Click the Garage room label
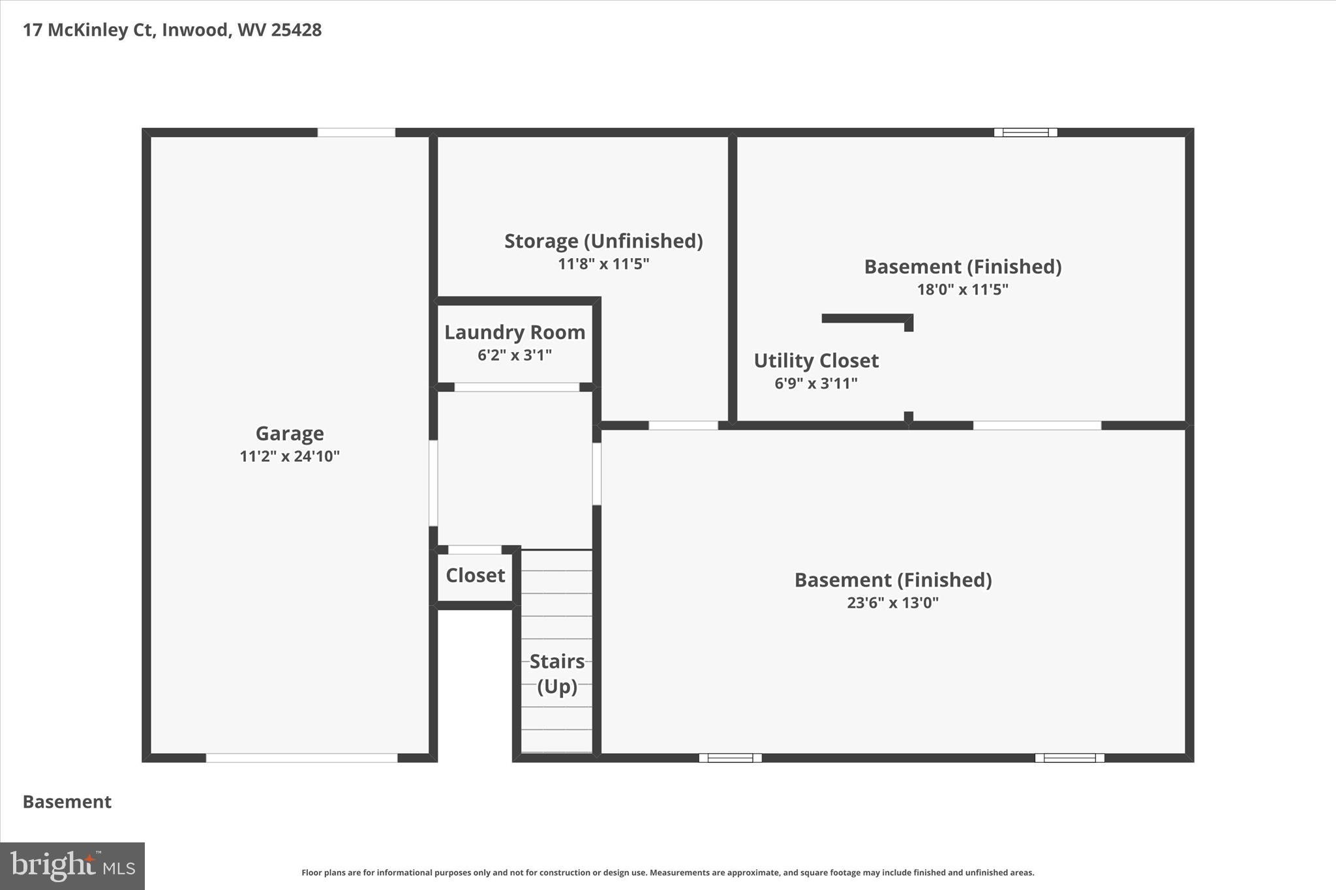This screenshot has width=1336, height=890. pos(290,434)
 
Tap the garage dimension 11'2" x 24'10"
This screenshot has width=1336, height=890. pos(290,456)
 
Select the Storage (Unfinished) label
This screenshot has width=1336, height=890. pos(603,241)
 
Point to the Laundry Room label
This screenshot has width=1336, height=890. pos(515,333)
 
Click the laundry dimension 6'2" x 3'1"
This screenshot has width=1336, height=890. pos(515,355)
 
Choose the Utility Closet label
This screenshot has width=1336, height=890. pos(816,361)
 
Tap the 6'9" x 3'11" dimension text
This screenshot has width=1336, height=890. pos(816,383)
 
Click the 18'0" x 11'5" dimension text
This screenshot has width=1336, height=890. pos(963,289)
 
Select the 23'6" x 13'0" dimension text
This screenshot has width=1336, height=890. pos(892,602)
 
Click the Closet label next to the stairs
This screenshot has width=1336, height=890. pos(475,576)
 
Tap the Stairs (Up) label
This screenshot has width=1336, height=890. pos(557,674)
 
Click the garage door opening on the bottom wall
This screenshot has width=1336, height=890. pos(301,758)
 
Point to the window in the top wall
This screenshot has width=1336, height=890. pos(1025,132)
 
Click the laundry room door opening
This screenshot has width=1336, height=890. pos(517,387)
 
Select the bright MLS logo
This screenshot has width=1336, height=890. pos(72,866)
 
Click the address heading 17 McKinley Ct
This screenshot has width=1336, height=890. pos(172,30)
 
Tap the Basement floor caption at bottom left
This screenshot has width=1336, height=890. pos(67,802)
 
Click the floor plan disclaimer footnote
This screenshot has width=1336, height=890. pos(667,872)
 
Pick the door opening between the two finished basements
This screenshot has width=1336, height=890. pos(1037,426)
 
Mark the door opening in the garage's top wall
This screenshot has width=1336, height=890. pos(356,132)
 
